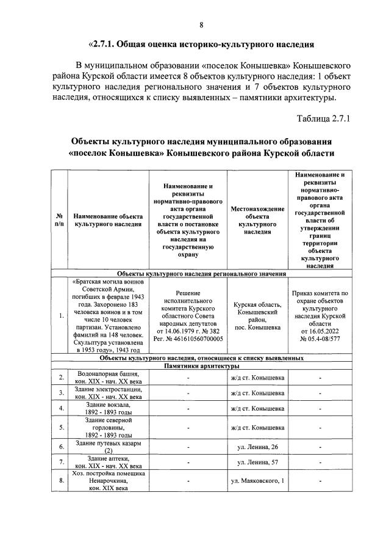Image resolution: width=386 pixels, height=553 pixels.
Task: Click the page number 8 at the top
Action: tap(201, 24)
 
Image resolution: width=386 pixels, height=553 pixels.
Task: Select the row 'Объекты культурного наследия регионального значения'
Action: tap(201, 274)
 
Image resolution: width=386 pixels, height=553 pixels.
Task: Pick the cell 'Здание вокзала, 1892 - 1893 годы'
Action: tap(108, 408)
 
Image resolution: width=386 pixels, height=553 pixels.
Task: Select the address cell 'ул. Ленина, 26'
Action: tap(257, 447)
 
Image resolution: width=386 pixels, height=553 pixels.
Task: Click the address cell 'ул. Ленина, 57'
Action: tap(257, 462)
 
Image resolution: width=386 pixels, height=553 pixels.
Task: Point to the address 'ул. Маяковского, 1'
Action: tap(257, 482)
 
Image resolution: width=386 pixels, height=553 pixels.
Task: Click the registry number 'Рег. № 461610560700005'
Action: tap(187, 338)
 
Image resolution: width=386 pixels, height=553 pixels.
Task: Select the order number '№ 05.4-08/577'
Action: tap(320, 338)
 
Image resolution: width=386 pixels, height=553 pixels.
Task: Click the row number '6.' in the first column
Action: tap(61, 447)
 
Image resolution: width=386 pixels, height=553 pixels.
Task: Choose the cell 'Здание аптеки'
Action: tap(108, 459)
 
